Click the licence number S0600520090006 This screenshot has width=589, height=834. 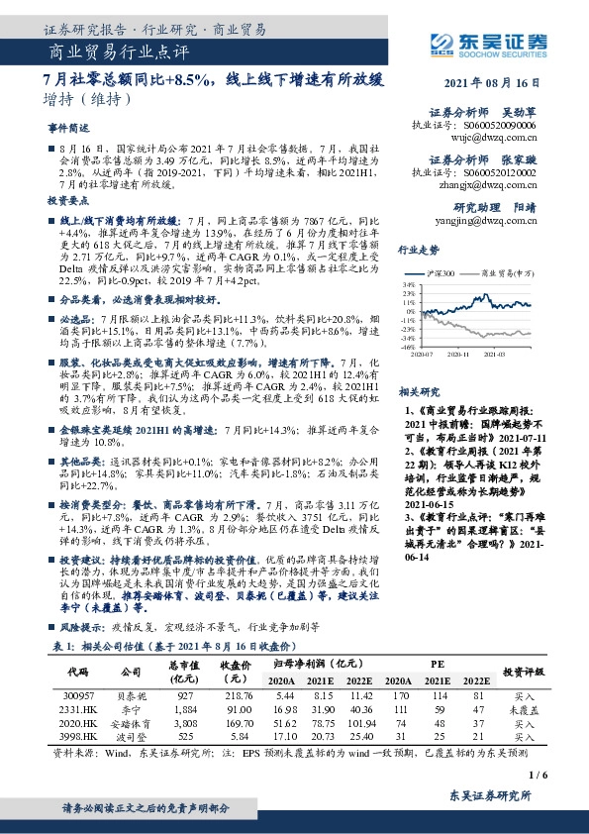tap(501, 127)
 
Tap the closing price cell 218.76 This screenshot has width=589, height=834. tap(238, 698)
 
